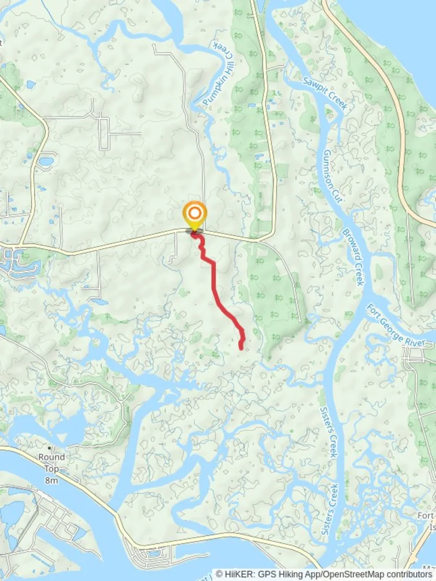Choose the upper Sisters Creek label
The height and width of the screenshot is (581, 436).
(328, 429)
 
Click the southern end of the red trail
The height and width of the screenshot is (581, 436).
(241, 348)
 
